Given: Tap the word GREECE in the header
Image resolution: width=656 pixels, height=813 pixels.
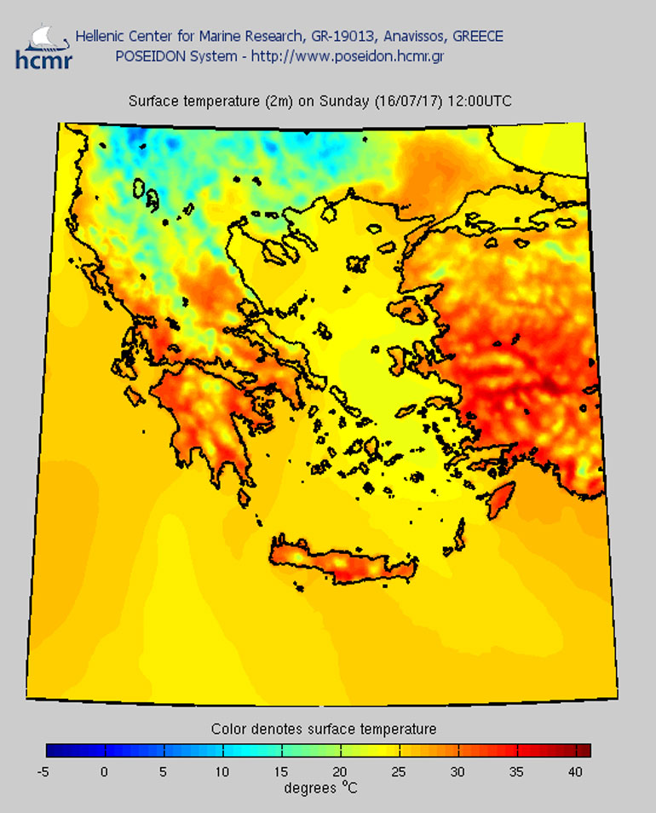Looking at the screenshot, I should point(477,36).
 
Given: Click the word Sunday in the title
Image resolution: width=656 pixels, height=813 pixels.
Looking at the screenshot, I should point(345,101).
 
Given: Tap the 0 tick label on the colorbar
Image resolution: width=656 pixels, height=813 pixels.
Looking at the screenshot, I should point(104,772).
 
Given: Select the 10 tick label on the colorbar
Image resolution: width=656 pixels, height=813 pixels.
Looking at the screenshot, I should point(222,772).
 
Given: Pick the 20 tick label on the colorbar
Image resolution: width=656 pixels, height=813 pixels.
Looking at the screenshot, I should point(340,772).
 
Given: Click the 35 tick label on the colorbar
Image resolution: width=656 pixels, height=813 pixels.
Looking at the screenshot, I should point(517,772).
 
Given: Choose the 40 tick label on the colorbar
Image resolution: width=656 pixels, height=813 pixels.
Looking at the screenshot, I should point(576,772).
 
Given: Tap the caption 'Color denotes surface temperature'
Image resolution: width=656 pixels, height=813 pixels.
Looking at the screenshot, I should point(324,729).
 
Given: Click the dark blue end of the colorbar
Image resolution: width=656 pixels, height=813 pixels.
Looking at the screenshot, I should point(53,751).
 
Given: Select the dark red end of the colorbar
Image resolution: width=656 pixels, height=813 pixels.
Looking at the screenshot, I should point(583,751).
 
